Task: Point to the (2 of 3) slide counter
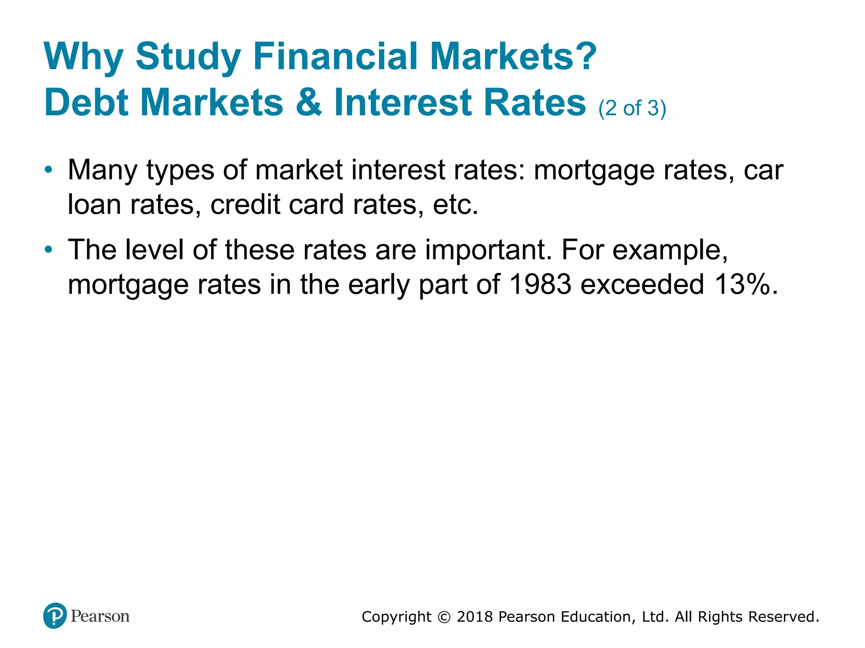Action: (x=632, y=108)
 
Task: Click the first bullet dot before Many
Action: (x=49, y=170)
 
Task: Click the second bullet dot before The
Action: (x=49, y=250)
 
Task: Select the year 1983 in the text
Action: (x=540, y=284)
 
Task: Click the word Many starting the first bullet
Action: (x=103, y=170)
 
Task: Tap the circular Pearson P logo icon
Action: (x=55, y=616)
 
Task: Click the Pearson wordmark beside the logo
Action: (x=100, y=616)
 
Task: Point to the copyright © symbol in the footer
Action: (x=444, y=617)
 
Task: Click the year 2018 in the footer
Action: (x=475, y=617)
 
